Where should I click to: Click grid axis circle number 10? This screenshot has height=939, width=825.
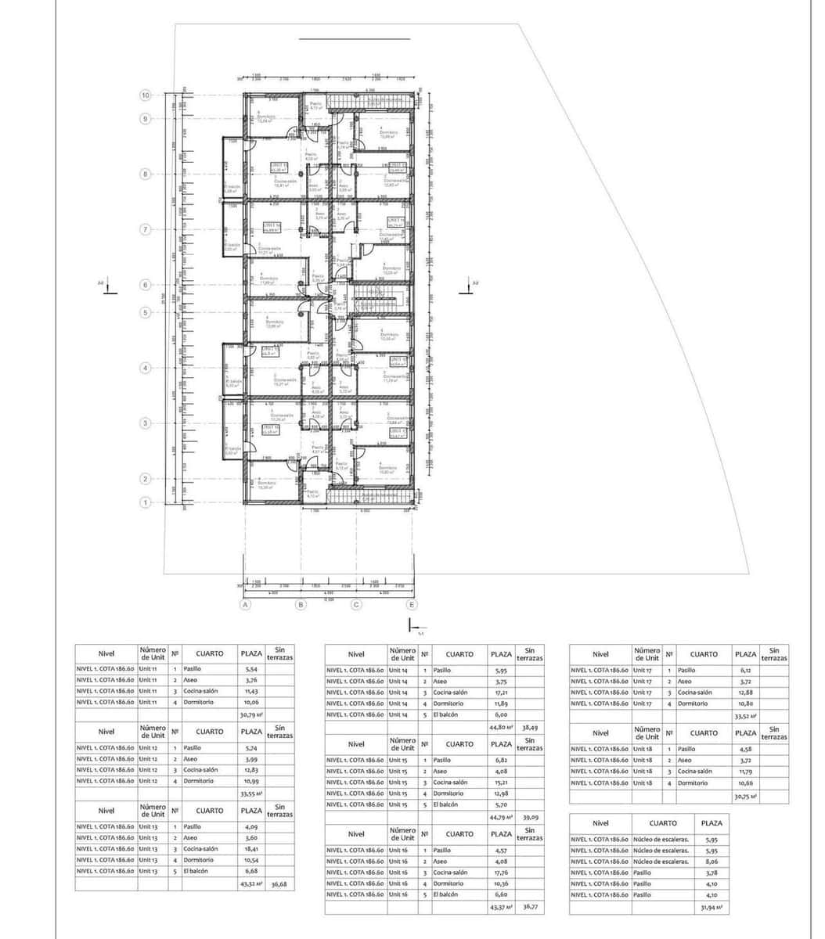(x=145, y=95)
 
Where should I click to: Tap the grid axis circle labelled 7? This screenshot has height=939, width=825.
(x=145, y=229)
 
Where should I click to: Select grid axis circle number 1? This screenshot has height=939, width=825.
(x=145, y=502)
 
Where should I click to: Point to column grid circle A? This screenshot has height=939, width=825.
(x=246, y=605)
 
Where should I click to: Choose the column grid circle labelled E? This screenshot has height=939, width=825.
(x=412, y=605)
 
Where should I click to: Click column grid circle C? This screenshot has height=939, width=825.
(x=356, y=605)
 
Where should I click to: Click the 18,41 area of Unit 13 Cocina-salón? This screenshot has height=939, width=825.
(x=250, y=848)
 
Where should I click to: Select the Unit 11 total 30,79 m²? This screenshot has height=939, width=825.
(x=250, y=714)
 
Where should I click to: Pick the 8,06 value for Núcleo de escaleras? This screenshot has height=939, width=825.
(x=711, y=862)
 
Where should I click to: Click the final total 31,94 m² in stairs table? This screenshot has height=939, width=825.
(x=711, y=908)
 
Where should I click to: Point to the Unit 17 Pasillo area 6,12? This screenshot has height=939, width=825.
(x=744, y=671)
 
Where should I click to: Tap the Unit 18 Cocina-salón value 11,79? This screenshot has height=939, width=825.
(x=744, y=772)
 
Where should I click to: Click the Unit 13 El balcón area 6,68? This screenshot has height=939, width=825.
(x=250, y=870)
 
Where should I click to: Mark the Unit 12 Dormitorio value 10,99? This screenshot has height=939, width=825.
(x=250, y=781)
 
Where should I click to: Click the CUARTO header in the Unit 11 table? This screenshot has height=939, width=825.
(x=209, y=653)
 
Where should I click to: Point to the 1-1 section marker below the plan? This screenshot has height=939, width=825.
(x=412, y=626)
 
